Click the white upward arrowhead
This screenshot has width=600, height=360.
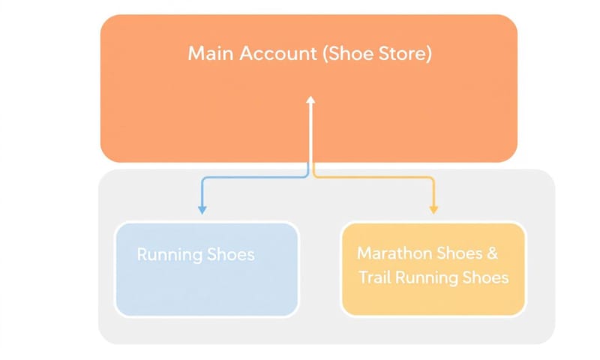[x=311, y=100]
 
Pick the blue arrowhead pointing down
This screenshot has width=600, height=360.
[x=202, y=209]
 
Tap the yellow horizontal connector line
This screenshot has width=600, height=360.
[x=375, y=178]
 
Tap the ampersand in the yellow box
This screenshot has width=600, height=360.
[x=492, y=253]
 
